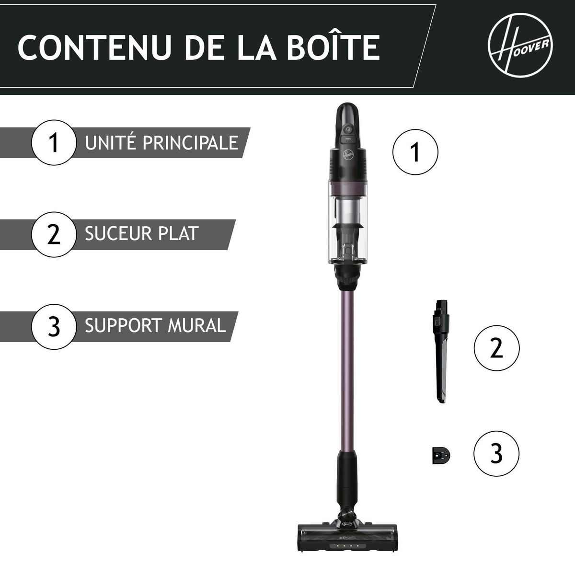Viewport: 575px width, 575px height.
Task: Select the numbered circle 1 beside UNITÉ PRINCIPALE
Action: [x=54, y=142]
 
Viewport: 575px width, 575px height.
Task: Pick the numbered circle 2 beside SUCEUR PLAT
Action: [x=54, y=234]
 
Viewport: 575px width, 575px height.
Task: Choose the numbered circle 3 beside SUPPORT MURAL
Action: [x=54, y=326]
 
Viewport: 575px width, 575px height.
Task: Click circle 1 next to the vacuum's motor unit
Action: [x=415, y=153]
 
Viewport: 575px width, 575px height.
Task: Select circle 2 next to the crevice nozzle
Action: [x=496, y=348]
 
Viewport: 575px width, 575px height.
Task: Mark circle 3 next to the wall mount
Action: [x=496, y=453]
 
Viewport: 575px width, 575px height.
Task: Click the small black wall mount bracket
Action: [x=439, y=454]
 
